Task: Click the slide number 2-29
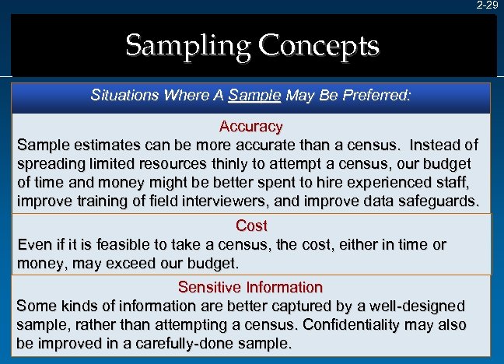point(488,5)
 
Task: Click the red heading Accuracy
point(250,126)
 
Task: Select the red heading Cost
point(251,226)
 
